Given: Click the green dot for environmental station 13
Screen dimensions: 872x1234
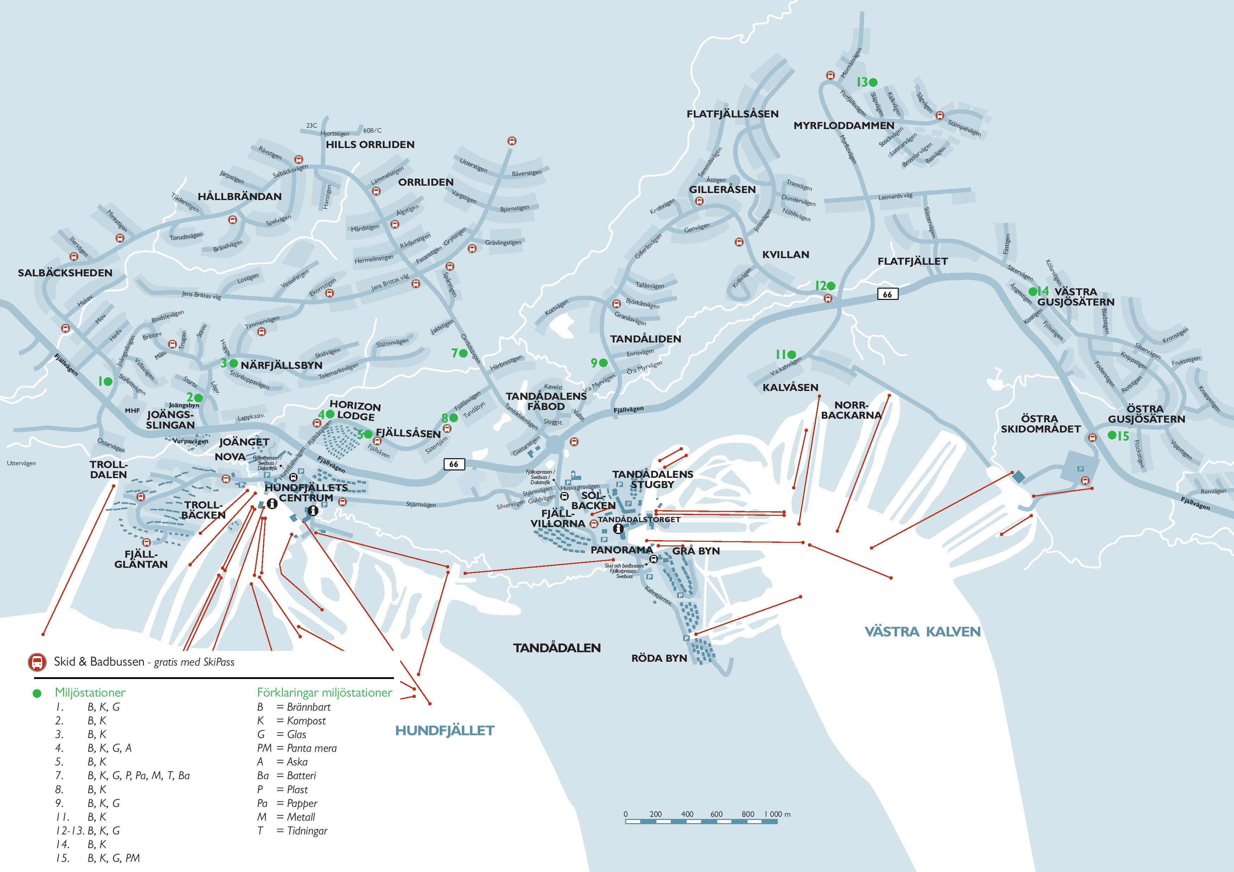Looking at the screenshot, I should coord(873,82).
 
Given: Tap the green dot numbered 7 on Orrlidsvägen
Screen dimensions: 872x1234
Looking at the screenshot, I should coord(463,353).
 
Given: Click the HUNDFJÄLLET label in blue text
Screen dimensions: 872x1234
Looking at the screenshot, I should coord(445,731).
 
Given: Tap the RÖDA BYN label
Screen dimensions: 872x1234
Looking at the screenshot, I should coord(659,658).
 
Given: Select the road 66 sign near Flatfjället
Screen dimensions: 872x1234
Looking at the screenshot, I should coord(888,294).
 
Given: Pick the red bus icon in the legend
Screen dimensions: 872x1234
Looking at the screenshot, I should coord(37,662).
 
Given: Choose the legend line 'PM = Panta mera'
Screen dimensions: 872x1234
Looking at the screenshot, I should coord(297,748).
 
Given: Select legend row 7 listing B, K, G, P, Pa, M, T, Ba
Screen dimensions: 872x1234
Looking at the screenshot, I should coord(123,775).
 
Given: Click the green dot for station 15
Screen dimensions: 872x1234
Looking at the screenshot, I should coord(1112,435).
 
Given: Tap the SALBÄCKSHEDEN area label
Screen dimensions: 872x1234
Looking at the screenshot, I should coord(65,273).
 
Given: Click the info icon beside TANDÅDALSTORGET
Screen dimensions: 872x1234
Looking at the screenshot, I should coord(618,529).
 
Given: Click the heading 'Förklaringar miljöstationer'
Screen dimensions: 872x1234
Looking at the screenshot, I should coord(325,693).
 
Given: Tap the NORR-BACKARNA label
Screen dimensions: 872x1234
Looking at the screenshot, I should coord(851,410).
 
